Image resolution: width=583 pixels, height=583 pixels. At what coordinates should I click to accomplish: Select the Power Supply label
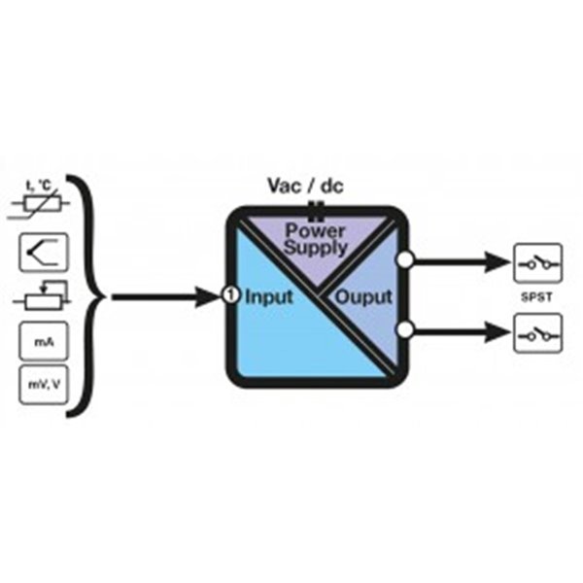[315, 239]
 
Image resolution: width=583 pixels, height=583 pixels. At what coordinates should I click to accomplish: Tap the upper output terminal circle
[406, 259]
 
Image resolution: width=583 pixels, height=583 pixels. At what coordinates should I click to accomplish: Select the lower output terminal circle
[406, 333]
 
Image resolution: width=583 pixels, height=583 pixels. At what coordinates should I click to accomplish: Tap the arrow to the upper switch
[459, 260]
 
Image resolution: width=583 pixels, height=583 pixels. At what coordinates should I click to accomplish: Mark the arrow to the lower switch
[459, 334]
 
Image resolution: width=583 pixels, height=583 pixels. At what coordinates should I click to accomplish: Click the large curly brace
[89, 295]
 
